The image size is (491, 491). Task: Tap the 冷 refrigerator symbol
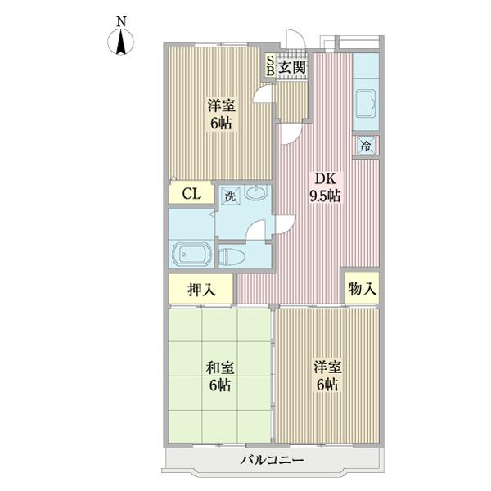pos(366,146)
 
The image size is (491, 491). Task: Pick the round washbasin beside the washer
pos(255,195)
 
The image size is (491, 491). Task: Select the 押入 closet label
pos(200,289)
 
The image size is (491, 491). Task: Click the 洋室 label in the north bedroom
pos(218,113)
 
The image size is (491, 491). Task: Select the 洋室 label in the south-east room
pos(327,376)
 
